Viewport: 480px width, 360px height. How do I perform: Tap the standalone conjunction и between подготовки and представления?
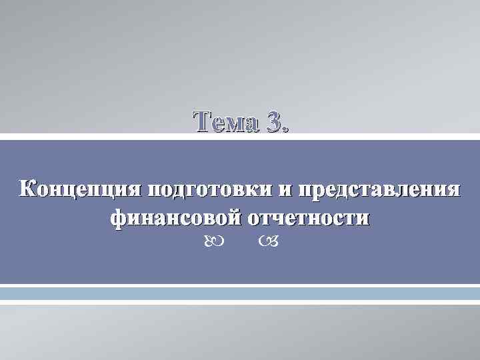[x=285, y=189]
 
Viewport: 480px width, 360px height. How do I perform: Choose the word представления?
[x=378, y=189]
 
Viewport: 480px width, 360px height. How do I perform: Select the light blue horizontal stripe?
[x=240, y=294]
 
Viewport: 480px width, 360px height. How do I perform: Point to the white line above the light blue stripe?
[x=240, y=286]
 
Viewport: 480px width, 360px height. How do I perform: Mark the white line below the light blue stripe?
[x=240, y=302]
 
